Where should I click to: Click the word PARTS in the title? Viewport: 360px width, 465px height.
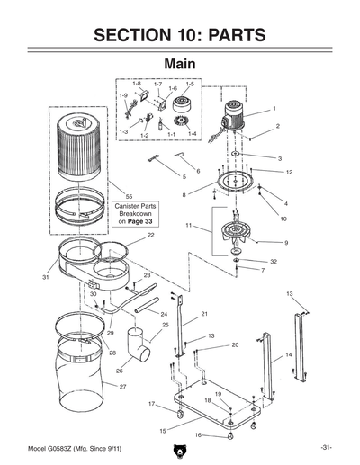click(x=228, y=36)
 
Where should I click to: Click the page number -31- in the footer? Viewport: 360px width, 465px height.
click(x=326, y=448)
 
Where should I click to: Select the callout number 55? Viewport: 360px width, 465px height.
click(x=129, y=196)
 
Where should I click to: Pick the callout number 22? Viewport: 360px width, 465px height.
click(x=150, y=235)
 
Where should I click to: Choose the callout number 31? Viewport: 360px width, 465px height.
click(x=44, y=278)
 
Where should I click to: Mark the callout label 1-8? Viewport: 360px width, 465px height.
click(x=139, y=84)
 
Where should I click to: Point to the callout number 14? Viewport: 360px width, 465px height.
click(x=289, y=355)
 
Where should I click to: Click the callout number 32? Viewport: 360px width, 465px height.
click(x=274, y=261)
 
